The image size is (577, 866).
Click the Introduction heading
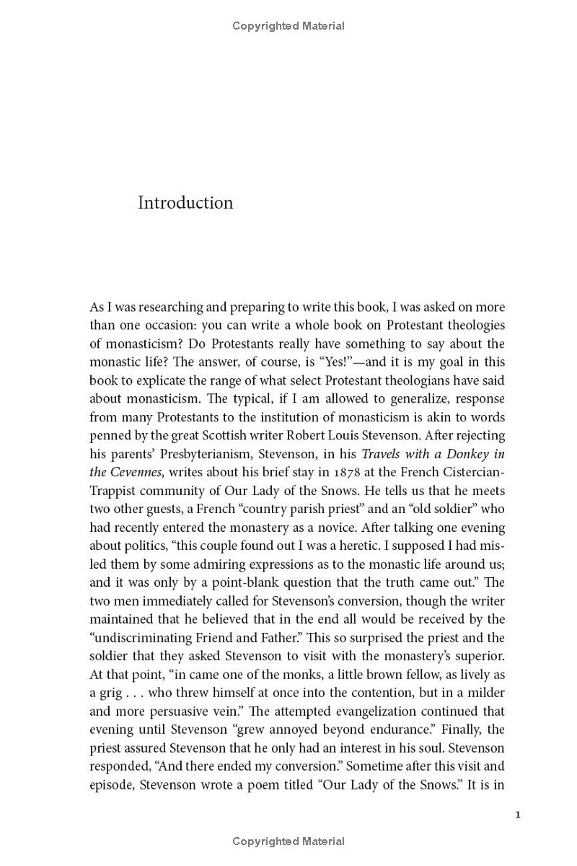[185, 203]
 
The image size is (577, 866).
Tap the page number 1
[518, 815]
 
